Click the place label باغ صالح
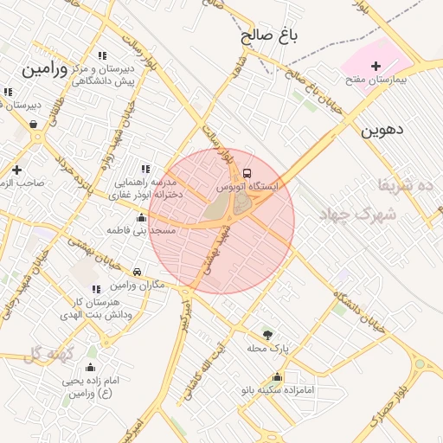point(269,35)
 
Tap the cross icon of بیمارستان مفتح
point(376,66)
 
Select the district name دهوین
point(383,131)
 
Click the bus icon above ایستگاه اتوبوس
point(248,172)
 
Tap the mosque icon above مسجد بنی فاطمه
point(142,217)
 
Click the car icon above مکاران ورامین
point(138,272)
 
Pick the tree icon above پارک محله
point(266,334)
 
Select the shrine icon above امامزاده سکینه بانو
point(277,376)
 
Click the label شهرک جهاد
point(356,214)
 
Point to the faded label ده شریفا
point(403,184)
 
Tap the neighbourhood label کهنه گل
point(46,353)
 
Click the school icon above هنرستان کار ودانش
point(95,289)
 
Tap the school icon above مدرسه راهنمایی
point(144,169)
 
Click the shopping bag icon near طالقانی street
point(33,125)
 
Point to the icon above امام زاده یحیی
point(91,368)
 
